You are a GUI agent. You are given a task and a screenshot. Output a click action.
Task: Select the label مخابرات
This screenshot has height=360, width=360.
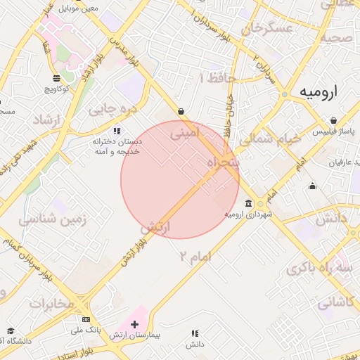51,303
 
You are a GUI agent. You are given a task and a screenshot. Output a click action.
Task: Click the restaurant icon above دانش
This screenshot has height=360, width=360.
195,333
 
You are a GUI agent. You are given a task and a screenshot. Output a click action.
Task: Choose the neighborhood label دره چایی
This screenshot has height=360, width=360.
110,109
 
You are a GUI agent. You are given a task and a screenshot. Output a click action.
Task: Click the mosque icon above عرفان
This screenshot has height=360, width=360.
313,186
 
